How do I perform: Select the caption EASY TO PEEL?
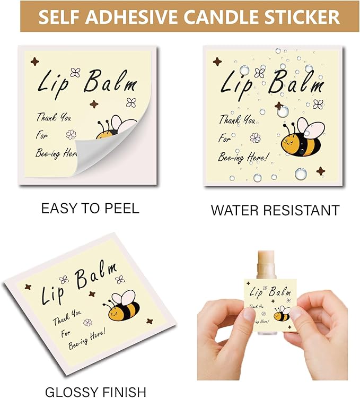(x=90, y=208)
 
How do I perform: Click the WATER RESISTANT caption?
(x=275, y=210)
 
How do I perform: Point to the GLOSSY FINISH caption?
(x=95, y=392)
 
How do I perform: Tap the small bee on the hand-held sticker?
(x=282, y=315)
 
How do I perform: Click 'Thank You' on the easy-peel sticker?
(x=54, y=117)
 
